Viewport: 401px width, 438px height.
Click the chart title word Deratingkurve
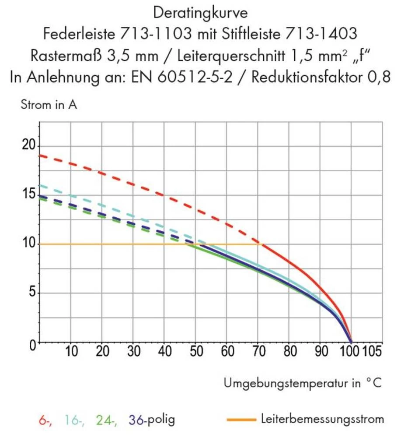pyautogui.click(x=201, y=13)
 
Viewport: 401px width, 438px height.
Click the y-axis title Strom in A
pyautogui.click(x=49, y=105)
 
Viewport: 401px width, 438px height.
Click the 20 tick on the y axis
pyautogui.click(x=28, y=146)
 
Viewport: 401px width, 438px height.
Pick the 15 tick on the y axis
pyautogui.click(x=28, y=194)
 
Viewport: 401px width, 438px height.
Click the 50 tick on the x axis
pyautogui.click(x=195, y=352)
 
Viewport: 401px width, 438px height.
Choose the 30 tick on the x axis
pyautogui.click(x=133, y=352)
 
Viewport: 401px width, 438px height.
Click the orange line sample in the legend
pyautogui.click(x=241, y=420)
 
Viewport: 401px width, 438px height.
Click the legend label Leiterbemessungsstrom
pyautogui.click(x=322, y=419)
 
